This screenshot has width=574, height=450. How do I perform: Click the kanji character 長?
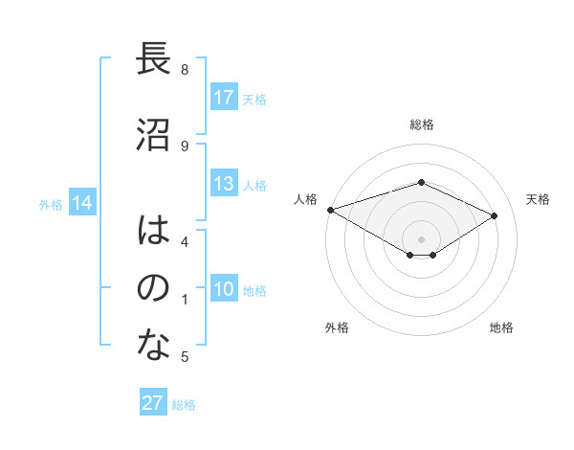154,60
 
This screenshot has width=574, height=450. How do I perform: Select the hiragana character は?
154,230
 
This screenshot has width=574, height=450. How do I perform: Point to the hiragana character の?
154,288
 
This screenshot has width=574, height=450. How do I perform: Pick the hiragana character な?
154,346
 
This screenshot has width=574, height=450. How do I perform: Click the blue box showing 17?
224,98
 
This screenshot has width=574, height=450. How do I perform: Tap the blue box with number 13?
224,185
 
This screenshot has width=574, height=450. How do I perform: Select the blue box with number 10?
224,290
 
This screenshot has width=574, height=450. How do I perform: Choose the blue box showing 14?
82,203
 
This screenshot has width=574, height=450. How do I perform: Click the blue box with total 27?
153,403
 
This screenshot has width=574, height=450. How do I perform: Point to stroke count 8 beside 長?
185,70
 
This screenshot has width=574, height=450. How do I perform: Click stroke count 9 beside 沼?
185,146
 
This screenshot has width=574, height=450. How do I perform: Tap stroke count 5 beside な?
185,357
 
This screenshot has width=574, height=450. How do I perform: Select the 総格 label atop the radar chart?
422,124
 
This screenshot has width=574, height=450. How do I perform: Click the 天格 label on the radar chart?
538,199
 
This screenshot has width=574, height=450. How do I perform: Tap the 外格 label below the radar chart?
337,327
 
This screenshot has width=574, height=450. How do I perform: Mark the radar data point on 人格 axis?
330,209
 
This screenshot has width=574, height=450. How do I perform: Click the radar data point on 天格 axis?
495,215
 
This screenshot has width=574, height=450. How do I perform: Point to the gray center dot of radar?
422,238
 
